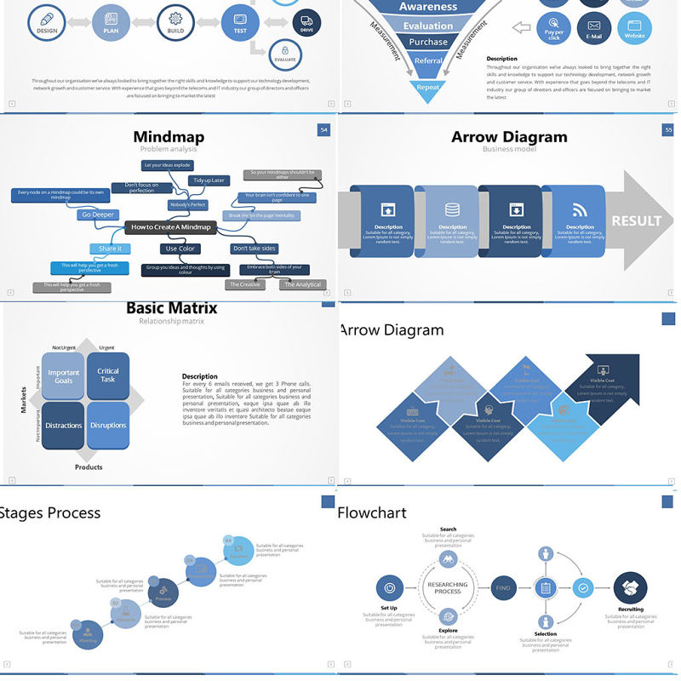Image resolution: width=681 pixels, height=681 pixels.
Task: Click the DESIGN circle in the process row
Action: (47, 20)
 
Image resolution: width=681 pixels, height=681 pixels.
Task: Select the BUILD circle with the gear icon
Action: (176, 20)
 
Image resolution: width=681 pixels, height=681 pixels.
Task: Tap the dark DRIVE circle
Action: (306, 22)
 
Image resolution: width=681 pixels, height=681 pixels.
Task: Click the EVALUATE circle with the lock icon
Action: (284, 54)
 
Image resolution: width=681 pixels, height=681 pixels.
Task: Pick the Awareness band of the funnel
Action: (428, 8)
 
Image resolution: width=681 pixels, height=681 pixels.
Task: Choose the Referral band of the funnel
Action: (428, 60)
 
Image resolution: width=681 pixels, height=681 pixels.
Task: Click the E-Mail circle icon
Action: (594, 28)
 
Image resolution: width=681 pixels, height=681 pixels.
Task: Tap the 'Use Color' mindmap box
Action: (180, 249)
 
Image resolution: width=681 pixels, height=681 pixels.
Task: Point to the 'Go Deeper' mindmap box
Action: (98, 215)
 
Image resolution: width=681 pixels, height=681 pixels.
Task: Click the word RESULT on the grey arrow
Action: (636, 220)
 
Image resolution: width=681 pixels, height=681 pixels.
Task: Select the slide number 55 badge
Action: (668, 129)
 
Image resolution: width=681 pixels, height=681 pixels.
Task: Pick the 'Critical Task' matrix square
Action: (108, 375)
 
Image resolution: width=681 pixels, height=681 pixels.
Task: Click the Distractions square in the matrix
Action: (64, 425)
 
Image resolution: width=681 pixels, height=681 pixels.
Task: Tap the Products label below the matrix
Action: (89, 466)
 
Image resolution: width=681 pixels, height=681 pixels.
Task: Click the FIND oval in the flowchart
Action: (503, 587)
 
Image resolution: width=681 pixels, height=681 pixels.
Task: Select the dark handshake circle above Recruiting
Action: (630, 588)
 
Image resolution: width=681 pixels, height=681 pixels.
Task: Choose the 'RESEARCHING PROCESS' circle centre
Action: (448, 587)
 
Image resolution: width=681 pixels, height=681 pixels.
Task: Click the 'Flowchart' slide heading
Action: (372, 513)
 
